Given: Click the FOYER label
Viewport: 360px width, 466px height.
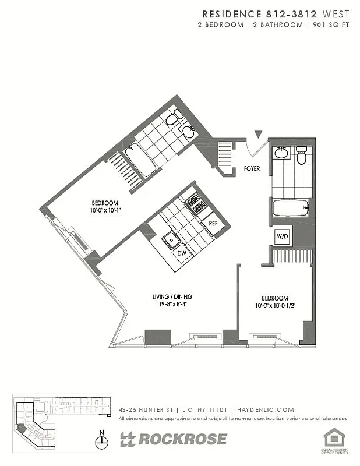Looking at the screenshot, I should tap(252, 169).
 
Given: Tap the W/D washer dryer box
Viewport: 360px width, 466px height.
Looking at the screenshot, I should tap(283, 236).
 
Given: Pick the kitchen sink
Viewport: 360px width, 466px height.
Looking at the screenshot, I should tap(171, 238).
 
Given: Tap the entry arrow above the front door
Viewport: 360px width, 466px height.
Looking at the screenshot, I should tap(258, 135).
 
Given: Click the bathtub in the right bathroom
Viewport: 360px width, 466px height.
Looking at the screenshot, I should tap(290, 207).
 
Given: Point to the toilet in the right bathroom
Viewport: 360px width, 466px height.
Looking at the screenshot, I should tap(302, 156).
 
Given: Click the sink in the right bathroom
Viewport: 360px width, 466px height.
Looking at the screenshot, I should tap(281, 153).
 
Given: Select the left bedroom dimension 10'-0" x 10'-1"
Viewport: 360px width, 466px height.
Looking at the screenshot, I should tap(106, 210).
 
